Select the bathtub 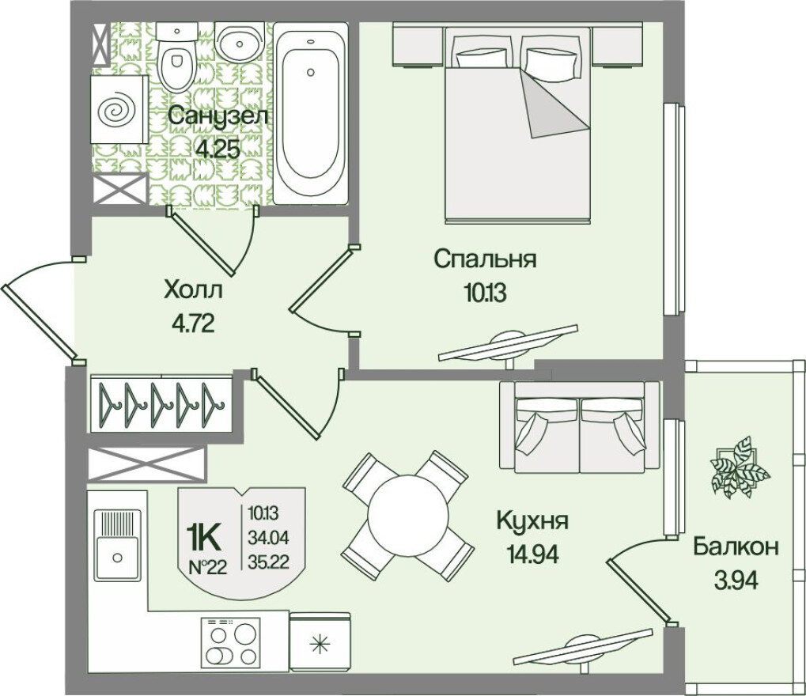pyautogui.click(x=310, y=115)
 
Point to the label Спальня pyautogui.click(x=485, y=259)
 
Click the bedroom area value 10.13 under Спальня pyautogui.click(x=484, y=293)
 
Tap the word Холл pyautogui.click(x=193, y=289)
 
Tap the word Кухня pyautogui.click(x=532, y=520)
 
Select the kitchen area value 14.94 pyautogui.click(x=532, y=554)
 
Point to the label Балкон pyautogui.click(x=736, y=547)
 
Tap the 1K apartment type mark pyautogui.click(x=203, y=537)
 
